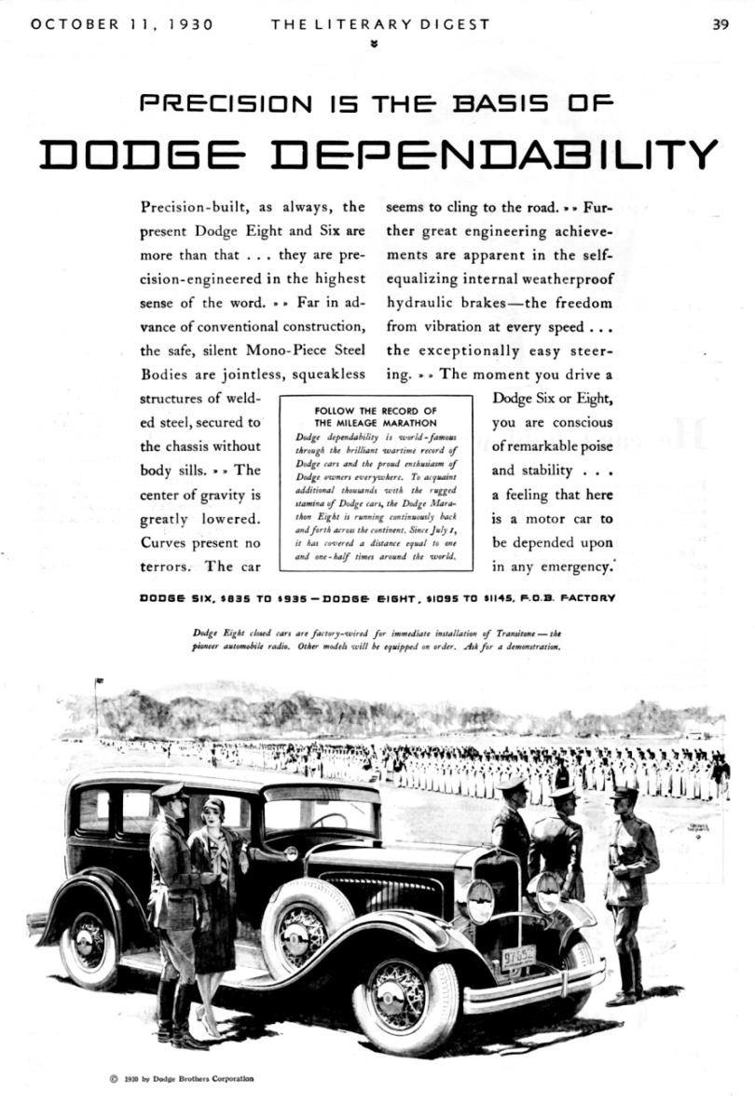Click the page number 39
coord(721,25)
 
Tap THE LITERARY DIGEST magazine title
coord(380,25)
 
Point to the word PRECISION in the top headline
coord(228,104)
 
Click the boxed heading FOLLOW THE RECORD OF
coord(376,411)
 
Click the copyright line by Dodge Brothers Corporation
coord(182,1080)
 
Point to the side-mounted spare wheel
coord(300,921)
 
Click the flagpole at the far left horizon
coord(96,705)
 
